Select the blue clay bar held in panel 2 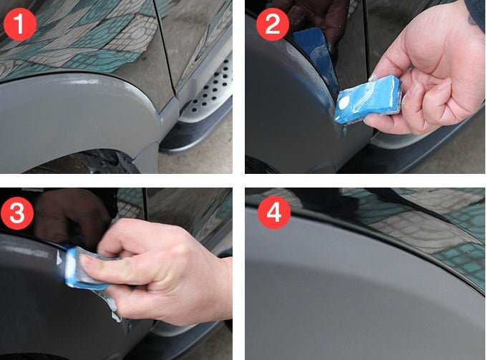coord(369,100)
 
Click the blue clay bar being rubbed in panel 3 coord(86,265)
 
